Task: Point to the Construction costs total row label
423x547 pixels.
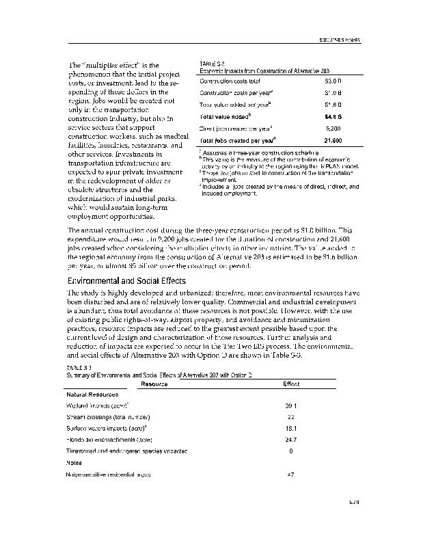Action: [x=232, y=81]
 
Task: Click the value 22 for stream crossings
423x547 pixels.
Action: [x=290, y=416]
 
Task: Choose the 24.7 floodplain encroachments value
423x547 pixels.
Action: [x=291, y=439]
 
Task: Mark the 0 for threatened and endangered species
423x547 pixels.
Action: [x=291, y=451]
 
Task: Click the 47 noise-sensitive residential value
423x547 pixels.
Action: [x=290, y=474]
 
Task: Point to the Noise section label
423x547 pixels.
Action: [x=73, y=462]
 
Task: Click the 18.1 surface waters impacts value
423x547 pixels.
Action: [x=290, y=428]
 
